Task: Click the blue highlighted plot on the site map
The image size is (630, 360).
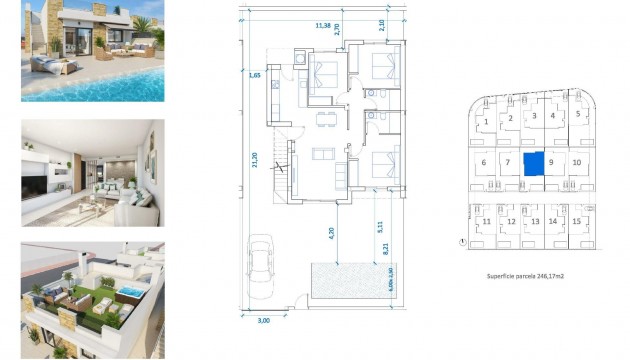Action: [x=535, y=163]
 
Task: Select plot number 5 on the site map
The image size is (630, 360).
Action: [x=578, y=115]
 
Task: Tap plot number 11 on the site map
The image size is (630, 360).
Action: [x=486, y=221]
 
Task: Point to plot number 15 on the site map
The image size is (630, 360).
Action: [x=577, y=221]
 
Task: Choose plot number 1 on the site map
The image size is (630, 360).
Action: [x=486, y=121]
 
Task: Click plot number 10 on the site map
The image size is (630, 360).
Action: [x=577, y=161]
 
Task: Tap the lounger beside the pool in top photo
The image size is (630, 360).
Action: [x=47, y=66]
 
